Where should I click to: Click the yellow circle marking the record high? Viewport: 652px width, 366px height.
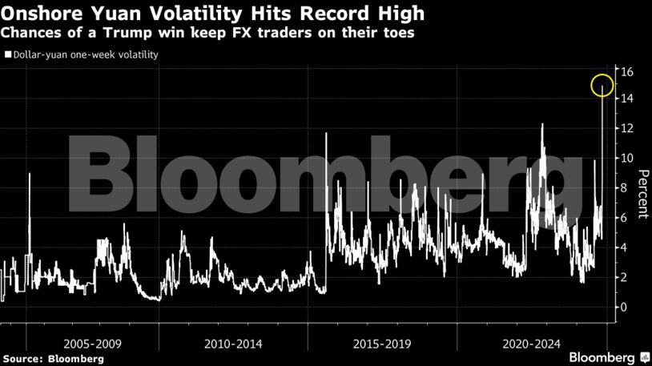pos(602,85)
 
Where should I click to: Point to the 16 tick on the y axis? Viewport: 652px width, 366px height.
pos(627,72)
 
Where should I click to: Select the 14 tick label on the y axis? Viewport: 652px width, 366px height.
pos(627,99)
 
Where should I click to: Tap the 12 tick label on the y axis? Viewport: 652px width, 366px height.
pos(627,128)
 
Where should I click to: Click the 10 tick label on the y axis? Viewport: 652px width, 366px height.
pos(627,158)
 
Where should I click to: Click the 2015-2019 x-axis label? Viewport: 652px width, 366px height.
pos(382,344)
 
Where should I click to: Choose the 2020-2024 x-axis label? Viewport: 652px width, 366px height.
pos(530,344)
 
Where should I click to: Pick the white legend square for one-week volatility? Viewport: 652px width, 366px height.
pos(7,55)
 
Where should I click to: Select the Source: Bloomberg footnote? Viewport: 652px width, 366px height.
pos(52,359)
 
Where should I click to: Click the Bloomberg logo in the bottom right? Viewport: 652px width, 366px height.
pos(608,356)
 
